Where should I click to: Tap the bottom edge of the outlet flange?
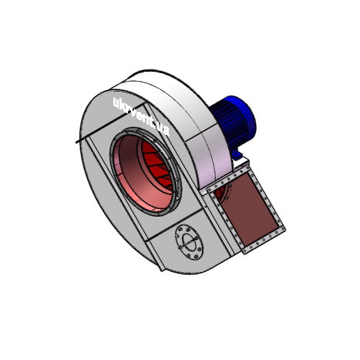pos(265,241)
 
